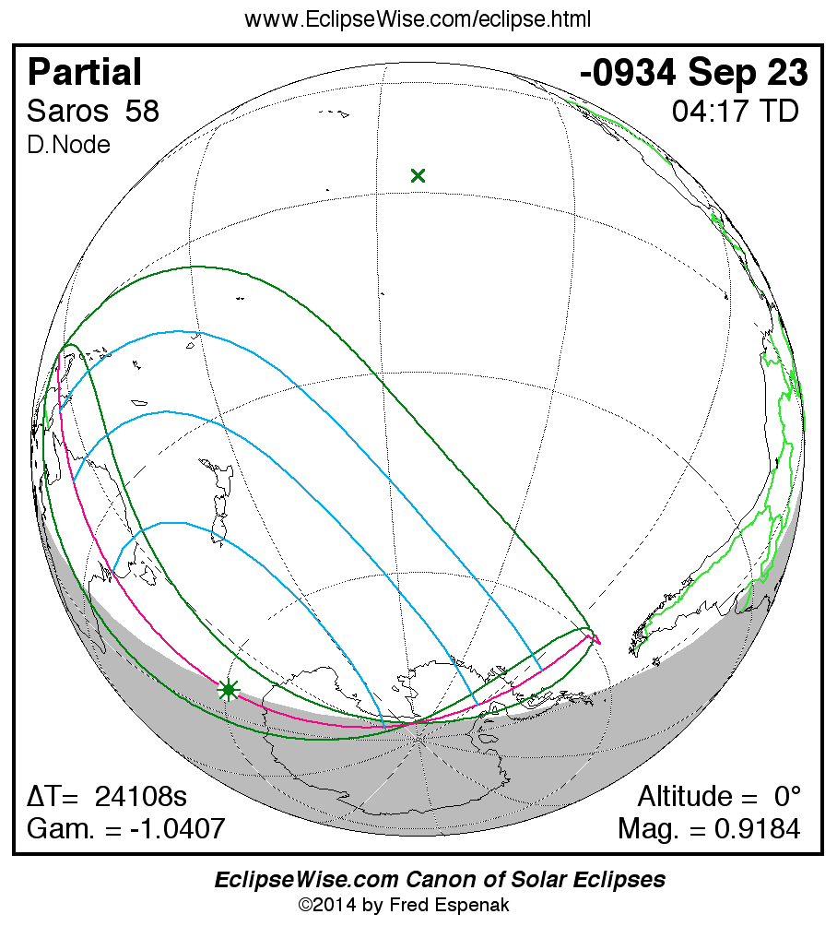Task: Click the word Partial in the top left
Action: pos(85,72)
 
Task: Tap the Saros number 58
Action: pos(143,112)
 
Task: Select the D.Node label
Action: pos(69,145)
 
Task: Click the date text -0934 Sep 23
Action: pos(694,72)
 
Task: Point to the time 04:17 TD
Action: pos(735,112)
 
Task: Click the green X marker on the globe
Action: pos(418,175)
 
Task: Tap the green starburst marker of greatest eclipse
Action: pos(229,690)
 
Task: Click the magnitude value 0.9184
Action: pos(757,828)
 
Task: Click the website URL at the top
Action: pos(418,18)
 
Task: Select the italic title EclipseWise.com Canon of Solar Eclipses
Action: pos(440,880)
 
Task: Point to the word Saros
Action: pos(68,112)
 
